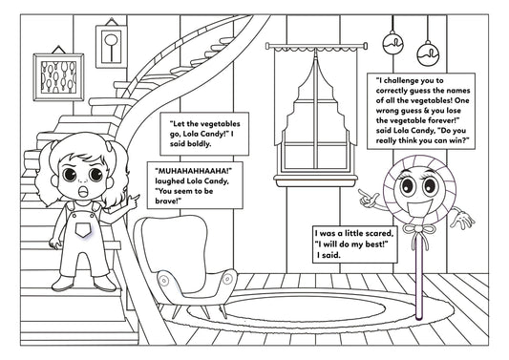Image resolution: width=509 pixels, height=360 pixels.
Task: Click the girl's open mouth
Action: (84, 191)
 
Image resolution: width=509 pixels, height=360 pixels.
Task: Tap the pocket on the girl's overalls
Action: (83, 230)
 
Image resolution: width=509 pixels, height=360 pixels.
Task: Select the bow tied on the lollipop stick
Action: (419, 230)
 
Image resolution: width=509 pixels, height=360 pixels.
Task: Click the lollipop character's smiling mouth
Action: (419, 208)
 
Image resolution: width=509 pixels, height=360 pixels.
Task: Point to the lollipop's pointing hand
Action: (369, 199)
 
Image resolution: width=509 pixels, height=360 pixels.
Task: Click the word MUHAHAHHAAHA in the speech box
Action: (194, 171)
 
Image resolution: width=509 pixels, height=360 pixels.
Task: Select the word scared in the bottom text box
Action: (380, 233)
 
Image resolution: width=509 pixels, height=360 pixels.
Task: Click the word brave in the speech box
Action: (167, 201)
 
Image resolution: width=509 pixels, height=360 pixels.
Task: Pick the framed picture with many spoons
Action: (58, 77)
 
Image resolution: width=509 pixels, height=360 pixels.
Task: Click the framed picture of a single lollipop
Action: (112, 46)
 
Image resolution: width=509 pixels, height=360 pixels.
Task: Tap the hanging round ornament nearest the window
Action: (392, 44)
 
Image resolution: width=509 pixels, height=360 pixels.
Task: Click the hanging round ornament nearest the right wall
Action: (428, 53)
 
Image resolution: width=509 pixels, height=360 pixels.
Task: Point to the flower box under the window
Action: (315, 180)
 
